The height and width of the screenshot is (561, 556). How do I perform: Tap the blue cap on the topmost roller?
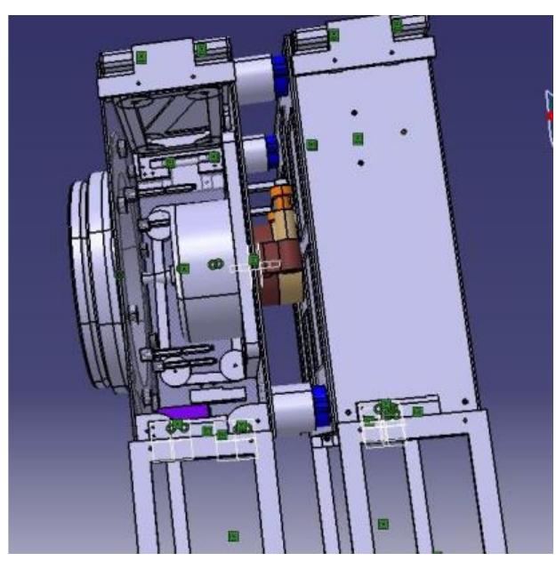click(280, 74)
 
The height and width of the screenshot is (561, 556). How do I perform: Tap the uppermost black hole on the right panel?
click(354, 113)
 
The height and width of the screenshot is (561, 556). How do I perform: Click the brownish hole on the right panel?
click(405, 132)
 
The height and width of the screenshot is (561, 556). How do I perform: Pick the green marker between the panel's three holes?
click(359, 138)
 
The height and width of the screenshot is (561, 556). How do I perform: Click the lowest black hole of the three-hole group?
click(360, 163)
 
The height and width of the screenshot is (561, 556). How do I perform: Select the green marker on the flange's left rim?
click(120, 275)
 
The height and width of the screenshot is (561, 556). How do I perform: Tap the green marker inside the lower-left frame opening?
click(233, 535)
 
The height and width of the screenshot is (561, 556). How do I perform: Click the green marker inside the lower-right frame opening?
click(383, 525)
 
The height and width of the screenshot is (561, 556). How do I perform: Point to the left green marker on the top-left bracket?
click(141, 57)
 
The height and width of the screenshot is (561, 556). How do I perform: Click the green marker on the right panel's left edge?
click(311, 144)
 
